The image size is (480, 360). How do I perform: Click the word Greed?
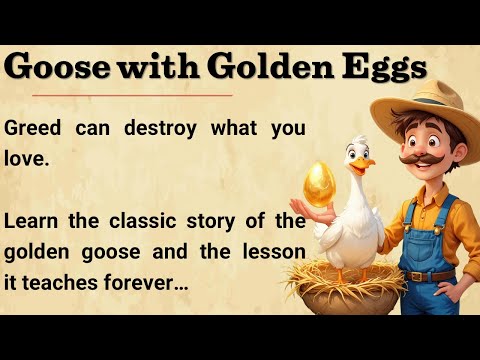37,129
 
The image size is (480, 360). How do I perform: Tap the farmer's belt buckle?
432,276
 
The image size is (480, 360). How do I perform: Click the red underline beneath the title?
121,96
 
